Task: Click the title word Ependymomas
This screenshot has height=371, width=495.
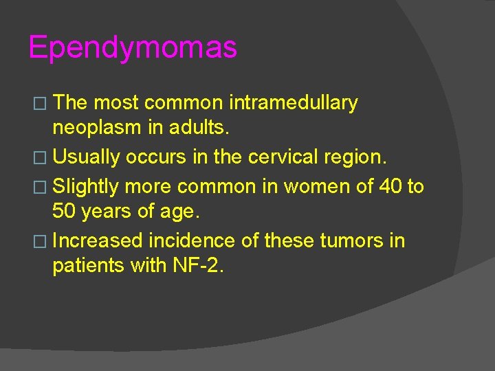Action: [x=133, y=48]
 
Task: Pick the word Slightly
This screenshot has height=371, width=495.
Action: [x=87, y=185]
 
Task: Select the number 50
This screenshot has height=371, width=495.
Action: [x=65, y=212]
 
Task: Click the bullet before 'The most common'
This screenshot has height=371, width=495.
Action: [x=38, y=104]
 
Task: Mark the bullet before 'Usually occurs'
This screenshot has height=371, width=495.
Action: [x=38, y=158]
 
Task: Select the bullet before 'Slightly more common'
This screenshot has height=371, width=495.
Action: [x=38, y=186]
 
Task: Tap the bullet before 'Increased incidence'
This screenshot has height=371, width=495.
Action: [x=38, y=241]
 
